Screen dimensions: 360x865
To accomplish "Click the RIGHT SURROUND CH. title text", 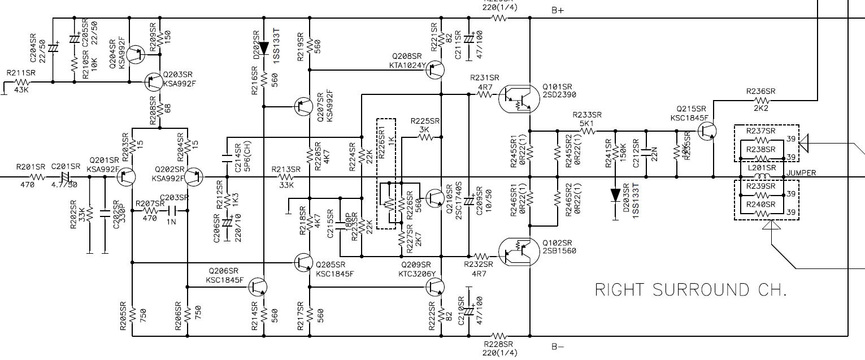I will tap(690, 290).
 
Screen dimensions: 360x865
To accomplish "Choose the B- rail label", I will tap(558, 346).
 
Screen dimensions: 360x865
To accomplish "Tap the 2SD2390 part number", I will tap(559, 94).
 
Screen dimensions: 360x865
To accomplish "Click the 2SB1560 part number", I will tap(559, 251).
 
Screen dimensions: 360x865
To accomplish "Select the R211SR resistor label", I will tap(20, 73).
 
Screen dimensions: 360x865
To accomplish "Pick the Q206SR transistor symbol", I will tap(259, 287).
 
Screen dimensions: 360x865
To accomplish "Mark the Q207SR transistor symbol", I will tap(304, 106).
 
